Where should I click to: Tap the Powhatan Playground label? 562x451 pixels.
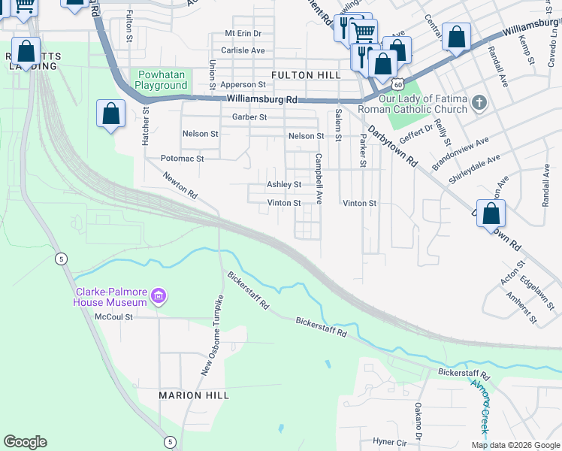point(162,80)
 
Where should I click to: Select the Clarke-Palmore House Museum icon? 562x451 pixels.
point(159,297)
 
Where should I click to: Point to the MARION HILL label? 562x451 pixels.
point(189,395)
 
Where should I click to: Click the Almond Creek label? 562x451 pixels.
point(479,407)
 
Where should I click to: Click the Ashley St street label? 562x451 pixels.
point(284,184)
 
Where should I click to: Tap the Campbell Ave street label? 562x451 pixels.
point(319,179)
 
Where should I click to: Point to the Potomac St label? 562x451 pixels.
point(182,159)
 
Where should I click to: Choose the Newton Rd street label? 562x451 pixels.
point(180,183)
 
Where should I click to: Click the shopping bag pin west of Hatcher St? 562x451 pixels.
point(111,114)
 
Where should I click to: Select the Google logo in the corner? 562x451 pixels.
point(25,442)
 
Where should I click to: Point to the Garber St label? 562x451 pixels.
point(249,117)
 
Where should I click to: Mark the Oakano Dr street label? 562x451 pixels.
point(418,418)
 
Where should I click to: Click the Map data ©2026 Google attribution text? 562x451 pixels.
point(515,445)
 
